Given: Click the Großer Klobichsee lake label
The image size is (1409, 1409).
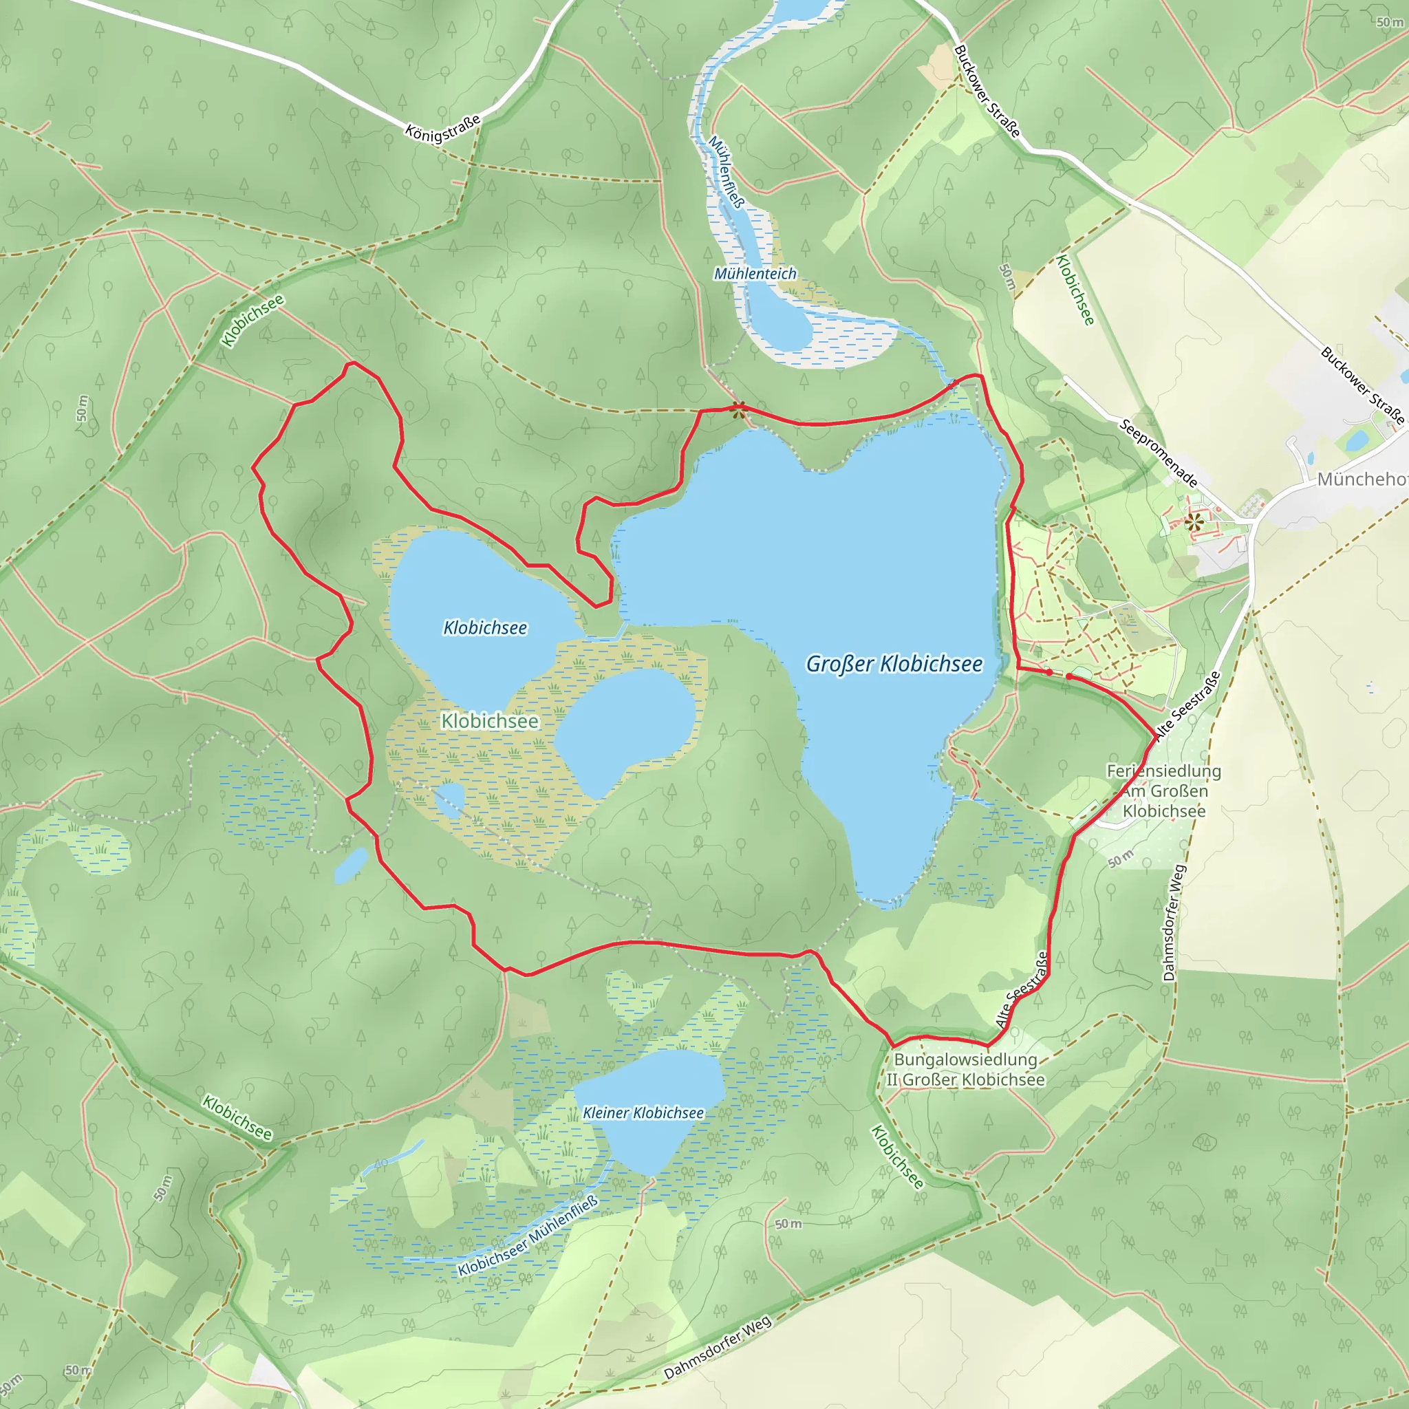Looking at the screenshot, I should coord(894,664).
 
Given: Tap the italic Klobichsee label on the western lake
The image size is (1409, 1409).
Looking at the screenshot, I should coord(485,627).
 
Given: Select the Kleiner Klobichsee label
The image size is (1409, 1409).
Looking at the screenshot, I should coord(643,1113).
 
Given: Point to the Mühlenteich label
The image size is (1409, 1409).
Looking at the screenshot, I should coord(755,274).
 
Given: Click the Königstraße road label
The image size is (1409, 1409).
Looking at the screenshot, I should coord(442,129).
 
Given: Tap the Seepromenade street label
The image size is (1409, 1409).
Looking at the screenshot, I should coord(1158,453).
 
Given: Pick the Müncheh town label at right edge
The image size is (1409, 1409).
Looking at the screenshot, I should coord(1361,479).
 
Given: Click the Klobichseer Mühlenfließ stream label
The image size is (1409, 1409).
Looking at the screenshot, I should coord(527,1236).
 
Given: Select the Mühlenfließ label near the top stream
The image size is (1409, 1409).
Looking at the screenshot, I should coord(727,172).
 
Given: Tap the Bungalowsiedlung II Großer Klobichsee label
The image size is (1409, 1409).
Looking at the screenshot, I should coord(965,1069).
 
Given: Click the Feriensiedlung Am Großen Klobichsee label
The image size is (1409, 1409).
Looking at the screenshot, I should coord(1163,790).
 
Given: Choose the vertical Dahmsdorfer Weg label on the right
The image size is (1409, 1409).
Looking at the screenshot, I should coord(1174,923).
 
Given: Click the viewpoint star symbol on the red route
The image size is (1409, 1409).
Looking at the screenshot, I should coord(738,409).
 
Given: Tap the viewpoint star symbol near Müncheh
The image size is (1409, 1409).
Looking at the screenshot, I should coord(1193,521).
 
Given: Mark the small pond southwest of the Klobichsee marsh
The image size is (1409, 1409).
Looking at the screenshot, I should coord(352,865).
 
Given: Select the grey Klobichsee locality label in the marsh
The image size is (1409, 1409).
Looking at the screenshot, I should coord(489,720).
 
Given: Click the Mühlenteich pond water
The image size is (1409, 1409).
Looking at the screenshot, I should coord(780,321).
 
